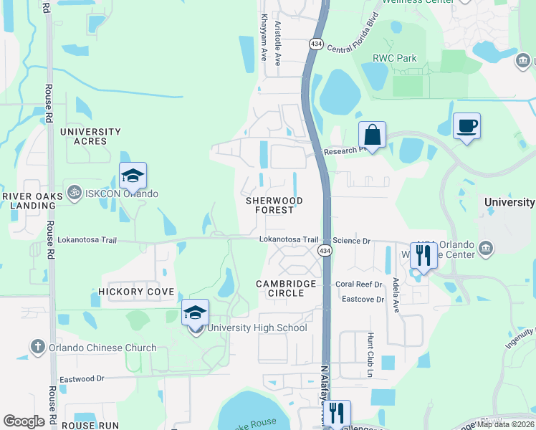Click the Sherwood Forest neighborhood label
pyautogui.click(x=274, y=205)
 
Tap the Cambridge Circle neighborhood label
pyautogui.click(x=287, y=288)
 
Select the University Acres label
pyautogui.click(x=90, y=136)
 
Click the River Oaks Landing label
pyautogui.click(x=29, y=201)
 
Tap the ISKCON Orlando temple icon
pyautogui.click(x=72, y=193)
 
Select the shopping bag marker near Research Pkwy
pyautogui.click(x=373, y=135)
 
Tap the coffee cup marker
pyautogui.click(x=466, y=126)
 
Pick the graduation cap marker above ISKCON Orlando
pyautogui.click(x=133, y=176)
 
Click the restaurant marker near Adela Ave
pyautogui.click(x=423, y=256)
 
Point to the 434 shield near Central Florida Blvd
pyautogui.click(x=316, y=44)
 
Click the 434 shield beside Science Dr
pyautogui.click(x=325, y=250)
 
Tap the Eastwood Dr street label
pyautogui.click(x=81, y=378)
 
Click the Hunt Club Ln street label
pyautogui.click(x=370, y=355)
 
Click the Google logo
pyautogui.click(x=24, y=421)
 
